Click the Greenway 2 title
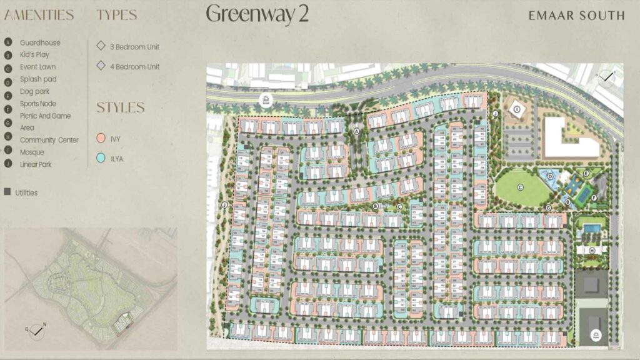[x=257, y=14]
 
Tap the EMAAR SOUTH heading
[x=576, y=16]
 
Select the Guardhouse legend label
[x=40, y=43]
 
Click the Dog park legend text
[x=34, y=92]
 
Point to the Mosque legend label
[x=32, y=152]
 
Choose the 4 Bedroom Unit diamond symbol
[x=101, y=66]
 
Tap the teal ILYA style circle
[x=101, y=159]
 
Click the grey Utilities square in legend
[x=7, y=192]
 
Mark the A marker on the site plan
[x=357, y=132]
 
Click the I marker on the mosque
[x=517, y=109]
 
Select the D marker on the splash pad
[x=550, y=177]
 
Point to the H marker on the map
[x=591, y=250]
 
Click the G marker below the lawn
[x=548, y=207]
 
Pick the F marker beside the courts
[x=594, y=198]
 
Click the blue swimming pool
[x=589, y=230]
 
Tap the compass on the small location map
[x=37, y=327]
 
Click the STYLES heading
[x=120, y=107]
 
